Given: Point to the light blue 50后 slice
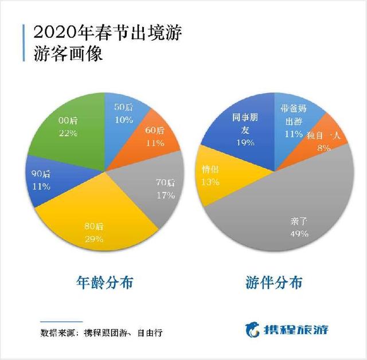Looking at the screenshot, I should coord(124,112).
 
